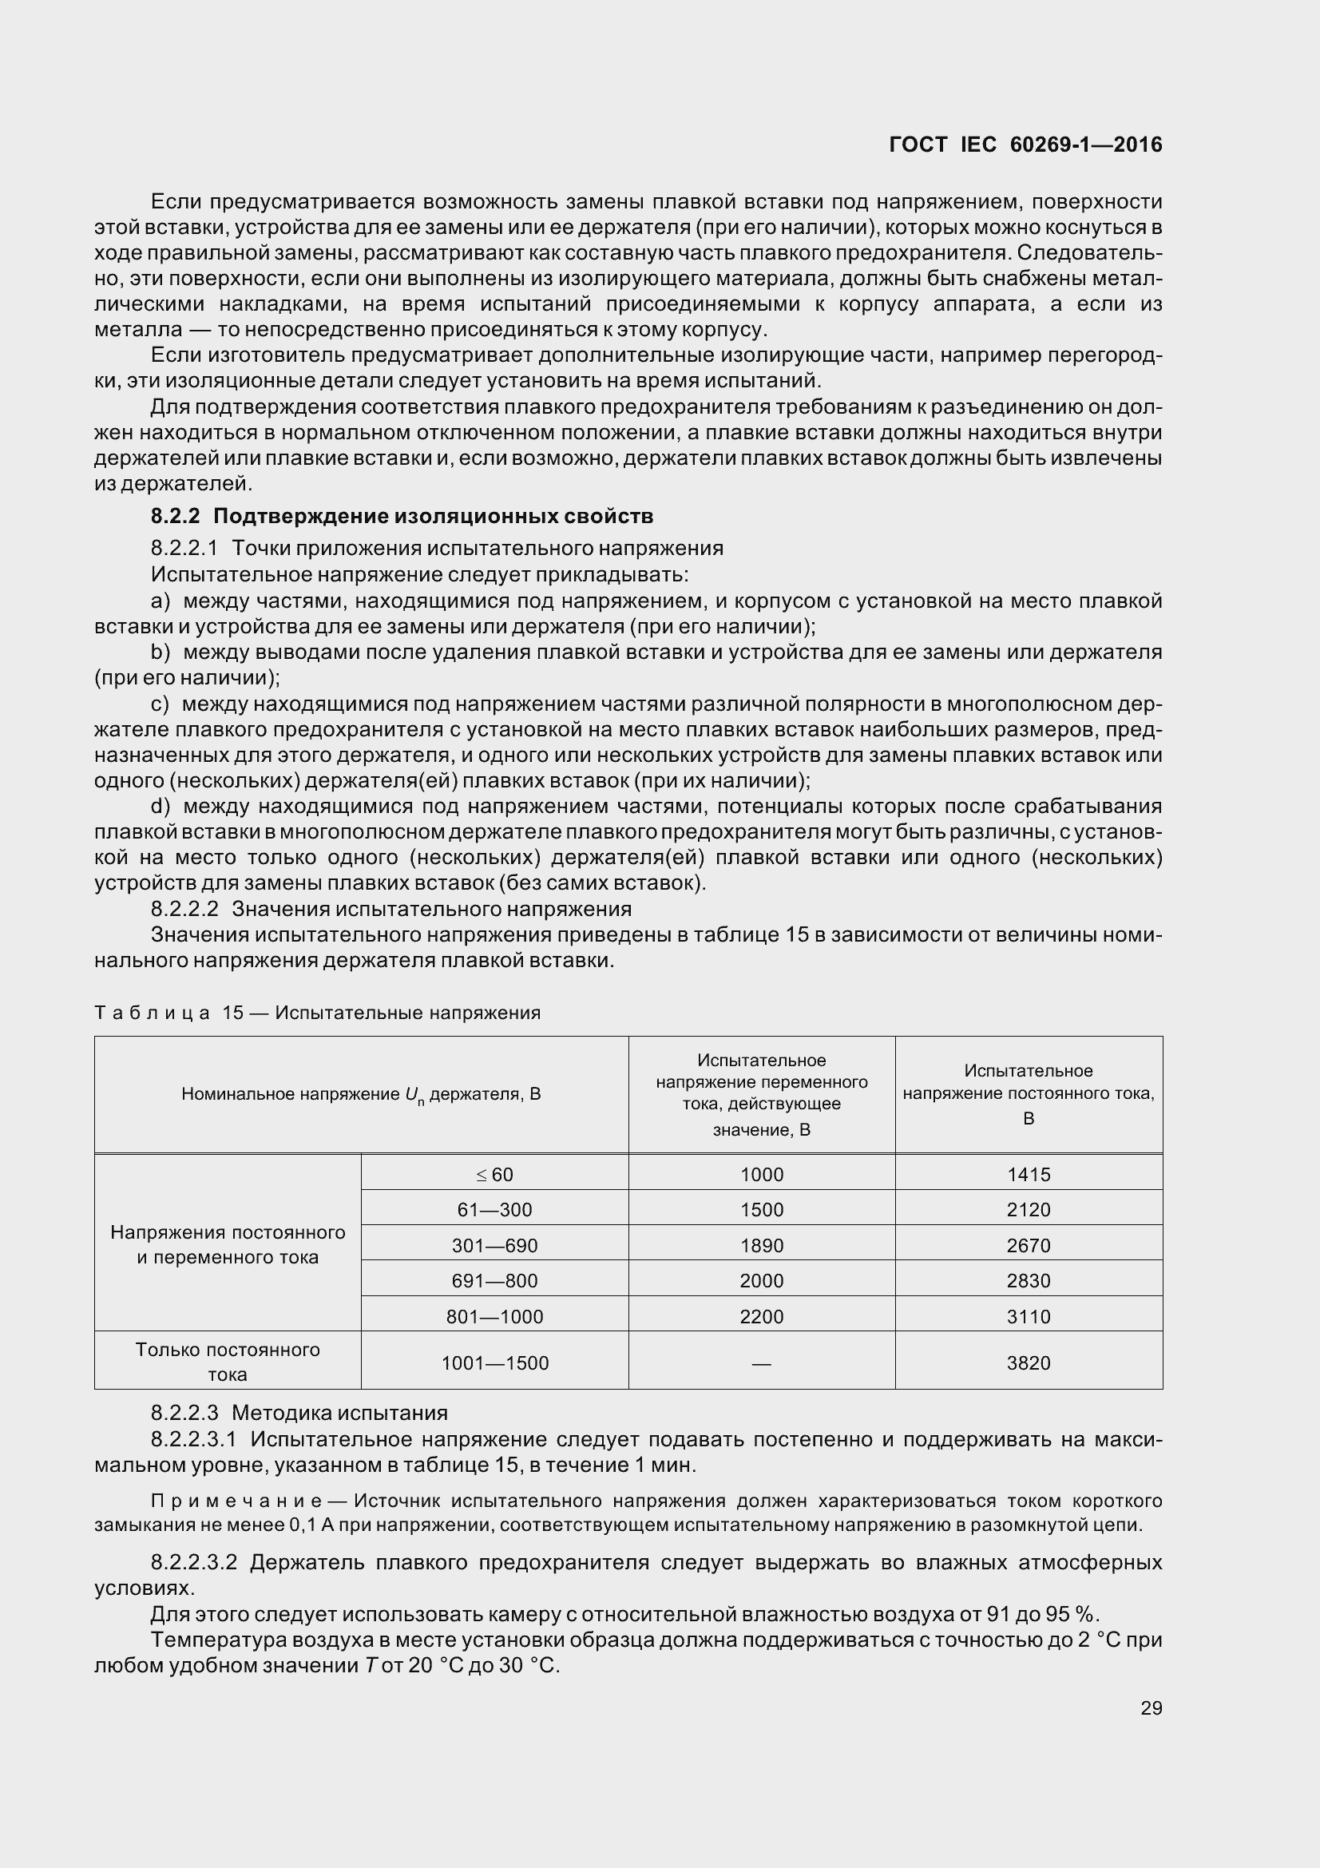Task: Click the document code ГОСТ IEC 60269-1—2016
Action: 1025,145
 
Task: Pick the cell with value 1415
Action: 1028,1175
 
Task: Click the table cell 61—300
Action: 494,1210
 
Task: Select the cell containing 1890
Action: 761,1246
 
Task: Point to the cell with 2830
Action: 1028,1280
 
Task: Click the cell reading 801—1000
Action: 494,1316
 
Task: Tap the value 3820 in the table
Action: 1028,1362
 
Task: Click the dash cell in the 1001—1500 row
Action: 761,1362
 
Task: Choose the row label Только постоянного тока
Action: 227,1362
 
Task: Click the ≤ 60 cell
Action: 494,1175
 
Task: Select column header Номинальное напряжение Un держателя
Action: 360,1094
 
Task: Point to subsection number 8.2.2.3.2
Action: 193,1563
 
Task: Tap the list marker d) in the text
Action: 161,807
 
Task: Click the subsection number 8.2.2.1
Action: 184,549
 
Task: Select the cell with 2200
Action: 761,1316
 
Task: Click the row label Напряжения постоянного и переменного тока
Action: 227,1245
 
